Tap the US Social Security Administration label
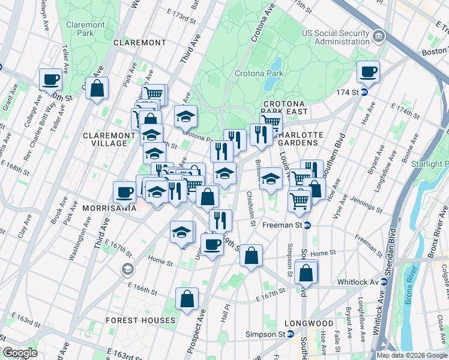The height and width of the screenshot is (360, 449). [x=336, y=37]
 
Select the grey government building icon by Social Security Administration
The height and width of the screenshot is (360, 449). [x=379, y=37]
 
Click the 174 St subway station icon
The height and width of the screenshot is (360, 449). [x=364, y=92]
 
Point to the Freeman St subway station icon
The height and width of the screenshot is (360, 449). [x=307, y=226]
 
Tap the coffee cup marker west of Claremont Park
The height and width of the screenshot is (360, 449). [x=50, y=79]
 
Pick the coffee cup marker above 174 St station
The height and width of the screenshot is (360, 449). [x=368, y=71]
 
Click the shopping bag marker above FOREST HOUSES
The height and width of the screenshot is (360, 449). [x=187, y=298]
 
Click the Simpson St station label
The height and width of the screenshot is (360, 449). [x=268, y=334]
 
